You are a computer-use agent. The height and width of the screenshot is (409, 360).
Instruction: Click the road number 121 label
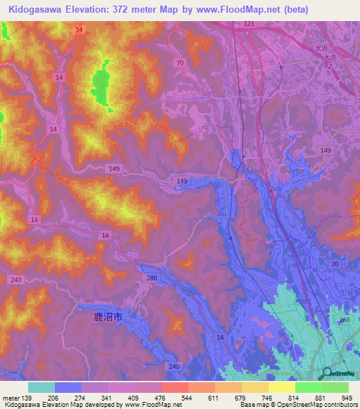pos(249,24)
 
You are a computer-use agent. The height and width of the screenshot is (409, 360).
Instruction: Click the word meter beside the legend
pos(11,398)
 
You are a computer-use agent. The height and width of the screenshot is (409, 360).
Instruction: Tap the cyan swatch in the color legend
pos(41,387)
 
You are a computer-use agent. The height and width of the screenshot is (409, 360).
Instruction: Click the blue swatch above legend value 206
pos(68,387)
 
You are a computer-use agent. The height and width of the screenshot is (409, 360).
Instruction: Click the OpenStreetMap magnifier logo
pos(326,373)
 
